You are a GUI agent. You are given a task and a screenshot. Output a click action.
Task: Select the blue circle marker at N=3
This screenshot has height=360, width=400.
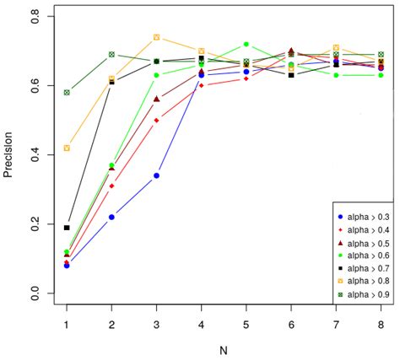pyautogui.click(x=156, y=175)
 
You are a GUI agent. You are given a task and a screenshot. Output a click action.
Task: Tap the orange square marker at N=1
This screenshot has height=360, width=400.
pyautogui.click(x=67, y=148)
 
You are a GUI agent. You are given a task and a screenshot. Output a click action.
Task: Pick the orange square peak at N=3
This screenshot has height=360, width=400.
pyautogui.click(x=156, y=37)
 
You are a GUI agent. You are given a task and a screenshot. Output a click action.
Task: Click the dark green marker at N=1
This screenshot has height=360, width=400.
pyautogui.click(x=67, y=92)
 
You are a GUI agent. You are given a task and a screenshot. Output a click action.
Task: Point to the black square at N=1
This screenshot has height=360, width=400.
pyautogui.click(x=67, y=228)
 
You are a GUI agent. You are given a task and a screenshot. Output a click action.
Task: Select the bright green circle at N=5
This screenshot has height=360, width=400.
pyautogui.click(x=246, y=44)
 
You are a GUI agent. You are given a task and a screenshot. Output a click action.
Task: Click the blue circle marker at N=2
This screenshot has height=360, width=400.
pyautogui.click(x=111, y=217)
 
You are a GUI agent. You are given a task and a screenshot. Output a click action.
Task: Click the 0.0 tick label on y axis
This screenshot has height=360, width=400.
pyautogui.click(x=34, y=293)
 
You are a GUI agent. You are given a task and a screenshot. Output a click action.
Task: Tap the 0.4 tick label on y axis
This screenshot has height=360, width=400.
pyautogui.click(x=34, y=156)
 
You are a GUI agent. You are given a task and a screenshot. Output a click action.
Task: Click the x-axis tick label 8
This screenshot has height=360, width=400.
pyautogui.click(x=380, y=325)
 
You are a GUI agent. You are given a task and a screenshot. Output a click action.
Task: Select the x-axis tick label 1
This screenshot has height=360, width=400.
pyautogui.click(x=67, y=325)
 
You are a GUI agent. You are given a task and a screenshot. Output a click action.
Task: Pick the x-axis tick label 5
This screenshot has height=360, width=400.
pyautogui.click(x=246, y=325)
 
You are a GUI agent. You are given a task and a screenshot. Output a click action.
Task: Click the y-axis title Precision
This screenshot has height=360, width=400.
pyautogui.click(x=10, y=156)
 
